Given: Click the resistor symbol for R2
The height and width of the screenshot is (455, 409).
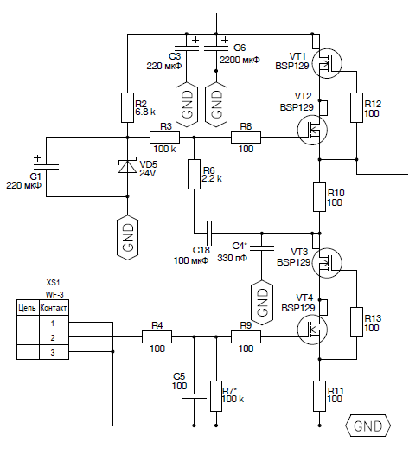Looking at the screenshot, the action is (127, 107).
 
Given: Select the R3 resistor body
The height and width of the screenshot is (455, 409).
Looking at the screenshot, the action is (164, 138).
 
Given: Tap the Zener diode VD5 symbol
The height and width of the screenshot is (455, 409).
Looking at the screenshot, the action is (127, 167).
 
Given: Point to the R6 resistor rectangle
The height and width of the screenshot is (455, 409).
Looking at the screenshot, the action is (194, 174).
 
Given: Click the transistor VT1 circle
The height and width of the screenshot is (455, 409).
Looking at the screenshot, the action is (327, 63).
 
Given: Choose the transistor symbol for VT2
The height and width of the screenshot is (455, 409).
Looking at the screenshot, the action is (312, 130).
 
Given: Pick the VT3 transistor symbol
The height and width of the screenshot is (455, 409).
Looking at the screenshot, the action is (327, 263).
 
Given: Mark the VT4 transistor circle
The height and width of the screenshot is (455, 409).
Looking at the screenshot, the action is (312, 330).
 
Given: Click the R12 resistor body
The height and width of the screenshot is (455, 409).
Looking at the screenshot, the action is (356, 107).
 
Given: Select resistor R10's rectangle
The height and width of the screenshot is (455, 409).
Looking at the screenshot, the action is (319, 196).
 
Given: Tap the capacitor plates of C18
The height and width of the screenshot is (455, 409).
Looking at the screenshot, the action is (209, 233).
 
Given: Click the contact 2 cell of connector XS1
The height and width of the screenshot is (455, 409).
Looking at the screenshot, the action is (54, 337).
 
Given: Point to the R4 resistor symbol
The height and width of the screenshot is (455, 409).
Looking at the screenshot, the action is (157, 336).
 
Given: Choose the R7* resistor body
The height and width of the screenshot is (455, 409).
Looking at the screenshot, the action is (216, 396).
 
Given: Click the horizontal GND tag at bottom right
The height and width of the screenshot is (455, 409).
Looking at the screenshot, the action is (367, 426).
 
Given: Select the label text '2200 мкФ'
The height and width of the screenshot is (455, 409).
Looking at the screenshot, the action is (240, 60).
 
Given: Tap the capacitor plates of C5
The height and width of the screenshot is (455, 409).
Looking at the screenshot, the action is (194, 396).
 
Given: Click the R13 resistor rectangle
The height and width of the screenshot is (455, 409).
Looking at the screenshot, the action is (356, 322).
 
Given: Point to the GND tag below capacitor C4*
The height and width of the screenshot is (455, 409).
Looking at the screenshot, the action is (262, 303).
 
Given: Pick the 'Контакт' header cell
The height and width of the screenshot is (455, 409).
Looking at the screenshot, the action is (54, 307).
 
